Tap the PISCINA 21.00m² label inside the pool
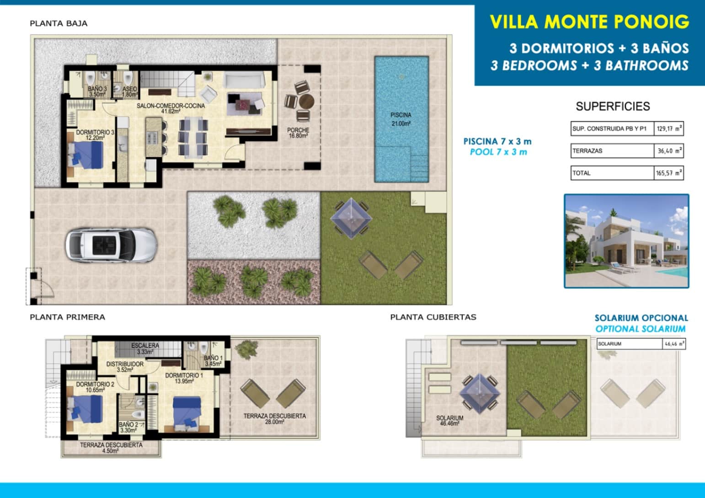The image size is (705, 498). [x=401, y=119]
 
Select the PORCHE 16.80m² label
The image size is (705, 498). [x=298, y=133]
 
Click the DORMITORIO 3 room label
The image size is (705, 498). [x=95, y=134]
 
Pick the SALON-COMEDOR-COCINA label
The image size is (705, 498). [x=171, y=108]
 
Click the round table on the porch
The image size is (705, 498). [x=305, y=101]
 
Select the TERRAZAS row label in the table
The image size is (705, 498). [x=587, y=151]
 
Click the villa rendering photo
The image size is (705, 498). [x=626, y=241]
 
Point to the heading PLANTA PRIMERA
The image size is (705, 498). [x=67, y=317]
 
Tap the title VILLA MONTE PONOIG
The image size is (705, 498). [x=589, y=22]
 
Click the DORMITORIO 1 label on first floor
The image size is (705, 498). [x=184, y=378]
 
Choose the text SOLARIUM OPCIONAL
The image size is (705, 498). [x=641, y=318]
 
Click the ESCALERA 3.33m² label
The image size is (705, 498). [x=145, y=348]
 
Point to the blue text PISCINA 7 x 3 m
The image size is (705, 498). [x=497, y=142]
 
